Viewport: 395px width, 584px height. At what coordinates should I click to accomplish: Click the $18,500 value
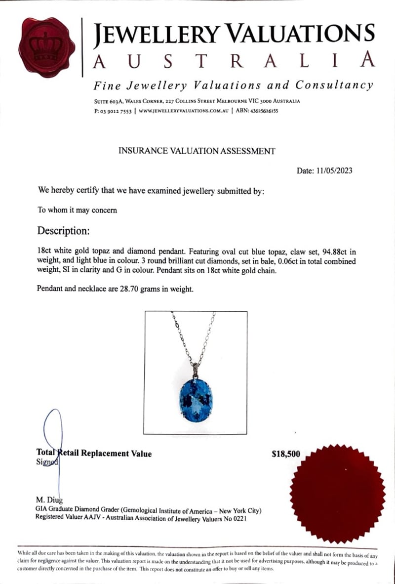(286, 454)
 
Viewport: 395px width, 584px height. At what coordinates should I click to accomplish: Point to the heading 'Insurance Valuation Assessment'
(197, 151)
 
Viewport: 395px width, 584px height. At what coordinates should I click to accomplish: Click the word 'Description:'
(64, 231)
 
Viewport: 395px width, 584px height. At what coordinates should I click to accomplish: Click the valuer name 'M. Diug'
(49, 500)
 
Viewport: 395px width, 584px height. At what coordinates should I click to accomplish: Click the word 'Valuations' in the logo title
(303, 34)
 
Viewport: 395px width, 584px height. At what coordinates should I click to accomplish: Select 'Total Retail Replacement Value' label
(94, 454)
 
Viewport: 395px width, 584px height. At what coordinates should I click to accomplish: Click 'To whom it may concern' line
(78, 210)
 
